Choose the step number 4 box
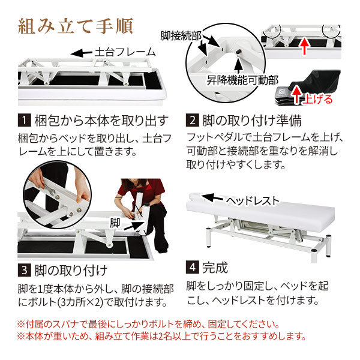coord(192,266)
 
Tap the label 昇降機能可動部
coord(241,79)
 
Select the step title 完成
coord(215,266)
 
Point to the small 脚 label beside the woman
coord(115,222)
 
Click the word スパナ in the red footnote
coord(64,325)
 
